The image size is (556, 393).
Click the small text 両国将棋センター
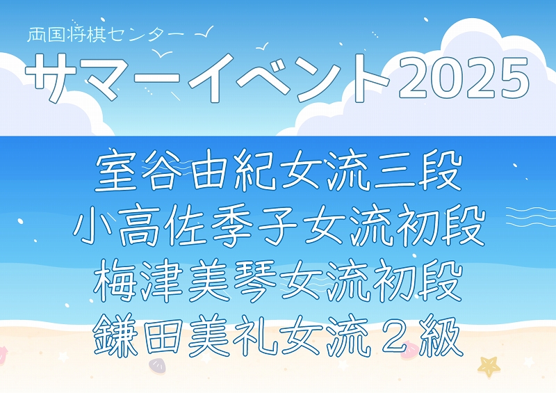106,35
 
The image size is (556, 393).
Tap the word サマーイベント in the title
207,78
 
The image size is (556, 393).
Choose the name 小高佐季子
185,225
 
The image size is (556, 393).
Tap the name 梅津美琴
185,280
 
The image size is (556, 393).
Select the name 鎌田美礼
185,335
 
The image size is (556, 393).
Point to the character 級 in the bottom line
441,335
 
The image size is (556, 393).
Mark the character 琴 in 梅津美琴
254,280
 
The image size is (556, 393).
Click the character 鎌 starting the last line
115,335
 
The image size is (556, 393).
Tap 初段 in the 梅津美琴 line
416,280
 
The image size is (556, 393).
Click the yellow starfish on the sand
489,366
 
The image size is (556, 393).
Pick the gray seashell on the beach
157,366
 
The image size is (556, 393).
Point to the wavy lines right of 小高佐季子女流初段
531,216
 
